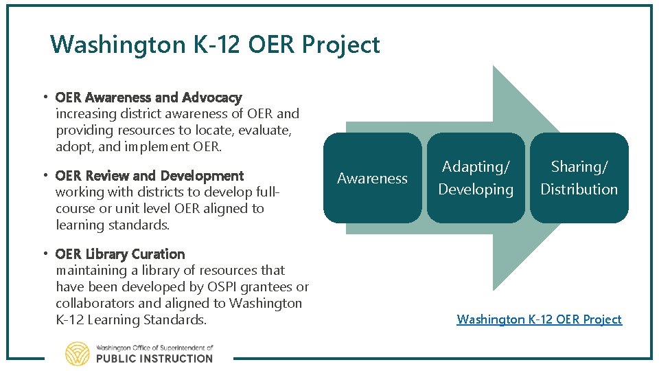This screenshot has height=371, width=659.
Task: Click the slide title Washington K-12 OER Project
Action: click(x=215, y=45)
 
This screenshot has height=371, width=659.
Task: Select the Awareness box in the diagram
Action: click(x=372, y=178)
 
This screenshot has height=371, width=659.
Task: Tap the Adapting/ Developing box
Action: click(x=476, y=178)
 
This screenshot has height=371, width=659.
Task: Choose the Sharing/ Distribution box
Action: click(x=579, y=178)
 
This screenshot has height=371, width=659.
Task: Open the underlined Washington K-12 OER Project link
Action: click(x=539, y=319)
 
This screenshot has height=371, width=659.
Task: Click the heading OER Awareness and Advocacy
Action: click(x=148, y=98)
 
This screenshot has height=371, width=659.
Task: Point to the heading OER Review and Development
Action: click(x=149, y=176)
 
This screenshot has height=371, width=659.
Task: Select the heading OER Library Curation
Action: click(x=120, y=254)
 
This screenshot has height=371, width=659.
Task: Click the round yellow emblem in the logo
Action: click(x=77, y=353)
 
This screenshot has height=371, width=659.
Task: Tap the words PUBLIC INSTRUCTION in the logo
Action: click(x=154, y=358)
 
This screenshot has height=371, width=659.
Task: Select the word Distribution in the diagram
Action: click(x=579, y=190)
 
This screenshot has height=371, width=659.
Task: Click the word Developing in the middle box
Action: click(x=476, y=190)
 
